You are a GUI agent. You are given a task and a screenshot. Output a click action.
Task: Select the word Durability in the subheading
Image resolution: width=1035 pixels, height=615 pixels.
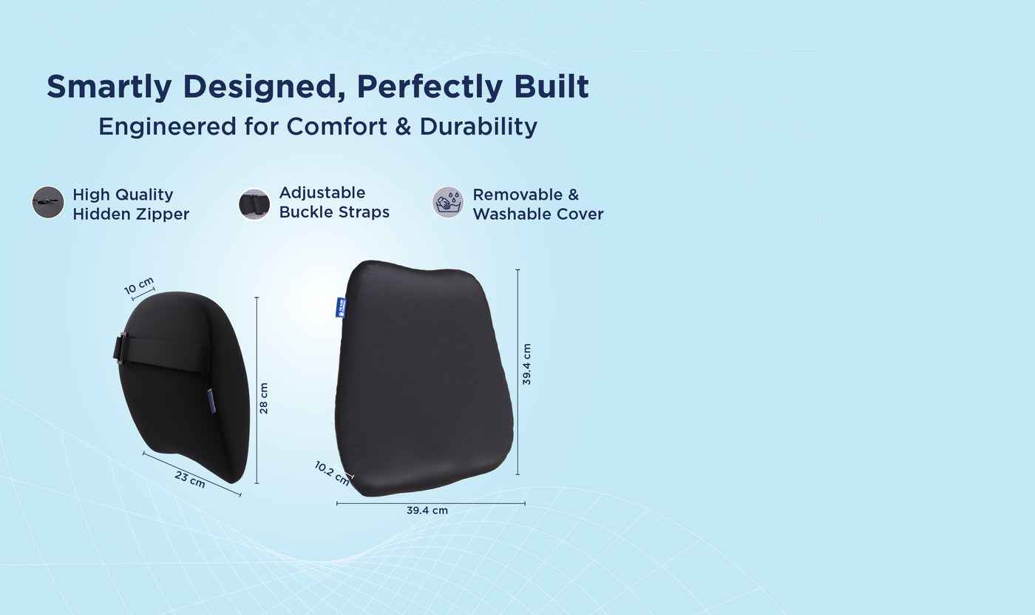(478, 127)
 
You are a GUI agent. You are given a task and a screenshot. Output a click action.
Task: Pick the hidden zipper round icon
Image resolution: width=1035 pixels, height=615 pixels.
(48, 202)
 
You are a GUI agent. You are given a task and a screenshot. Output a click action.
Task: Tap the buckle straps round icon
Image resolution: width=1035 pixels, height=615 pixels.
(254, 204)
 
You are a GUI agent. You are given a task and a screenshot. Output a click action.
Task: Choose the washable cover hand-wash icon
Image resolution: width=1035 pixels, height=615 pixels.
(448, 202)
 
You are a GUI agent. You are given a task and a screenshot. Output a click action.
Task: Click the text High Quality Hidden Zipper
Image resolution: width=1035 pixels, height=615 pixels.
(131, 204)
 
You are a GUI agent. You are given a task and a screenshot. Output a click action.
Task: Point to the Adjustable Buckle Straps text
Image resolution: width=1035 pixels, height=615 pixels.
(333, 202)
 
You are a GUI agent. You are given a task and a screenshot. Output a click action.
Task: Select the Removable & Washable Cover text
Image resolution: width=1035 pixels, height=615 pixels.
(537, 204)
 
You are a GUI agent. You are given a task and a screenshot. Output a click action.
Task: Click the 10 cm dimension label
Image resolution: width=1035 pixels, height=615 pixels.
(139, 286)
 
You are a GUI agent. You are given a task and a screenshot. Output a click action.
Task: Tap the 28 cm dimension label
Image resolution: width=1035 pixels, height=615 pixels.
(264, 398)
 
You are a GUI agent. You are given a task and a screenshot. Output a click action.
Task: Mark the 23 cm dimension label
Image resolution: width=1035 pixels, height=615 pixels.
(190, 479)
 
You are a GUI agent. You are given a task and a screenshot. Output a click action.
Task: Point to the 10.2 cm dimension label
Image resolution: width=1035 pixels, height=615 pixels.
(331, 473)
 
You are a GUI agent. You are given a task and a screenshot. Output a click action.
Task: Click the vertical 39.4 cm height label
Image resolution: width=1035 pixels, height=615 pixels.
(526, 364)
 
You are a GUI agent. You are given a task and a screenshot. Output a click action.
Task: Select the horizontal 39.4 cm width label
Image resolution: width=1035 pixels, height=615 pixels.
(427, 511)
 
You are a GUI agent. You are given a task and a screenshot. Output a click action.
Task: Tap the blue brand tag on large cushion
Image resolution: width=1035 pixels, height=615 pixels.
(341, 307)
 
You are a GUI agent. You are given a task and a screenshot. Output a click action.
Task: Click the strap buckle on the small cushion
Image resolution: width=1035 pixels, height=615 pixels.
(121, 348)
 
